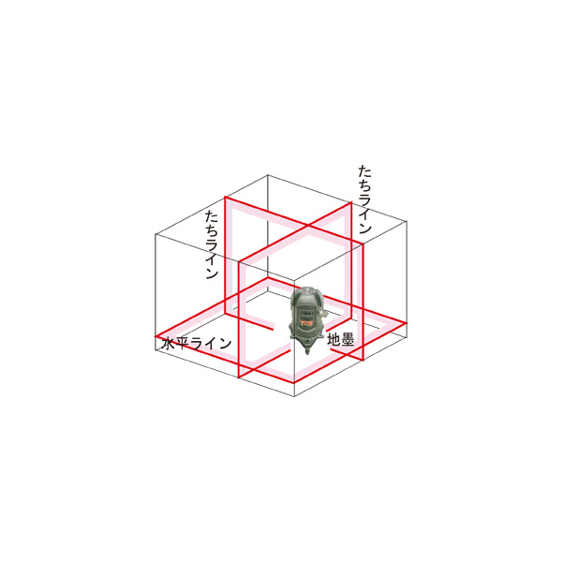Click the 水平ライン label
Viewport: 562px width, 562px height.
tap(197, 344)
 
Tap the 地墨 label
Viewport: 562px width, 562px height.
tap(341, 339)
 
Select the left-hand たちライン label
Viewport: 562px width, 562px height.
tap(212, 244)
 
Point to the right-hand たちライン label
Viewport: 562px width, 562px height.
tap(364, 200)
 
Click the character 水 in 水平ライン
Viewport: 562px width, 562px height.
tap(169, 344)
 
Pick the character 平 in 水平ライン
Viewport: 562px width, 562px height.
tap(184, 344)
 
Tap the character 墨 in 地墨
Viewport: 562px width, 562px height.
tap(348, 339)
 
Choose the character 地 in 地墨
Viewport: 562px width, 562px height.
tap(333, 339)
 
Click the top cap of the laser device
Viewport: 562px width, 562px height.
tap(306, 290)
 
